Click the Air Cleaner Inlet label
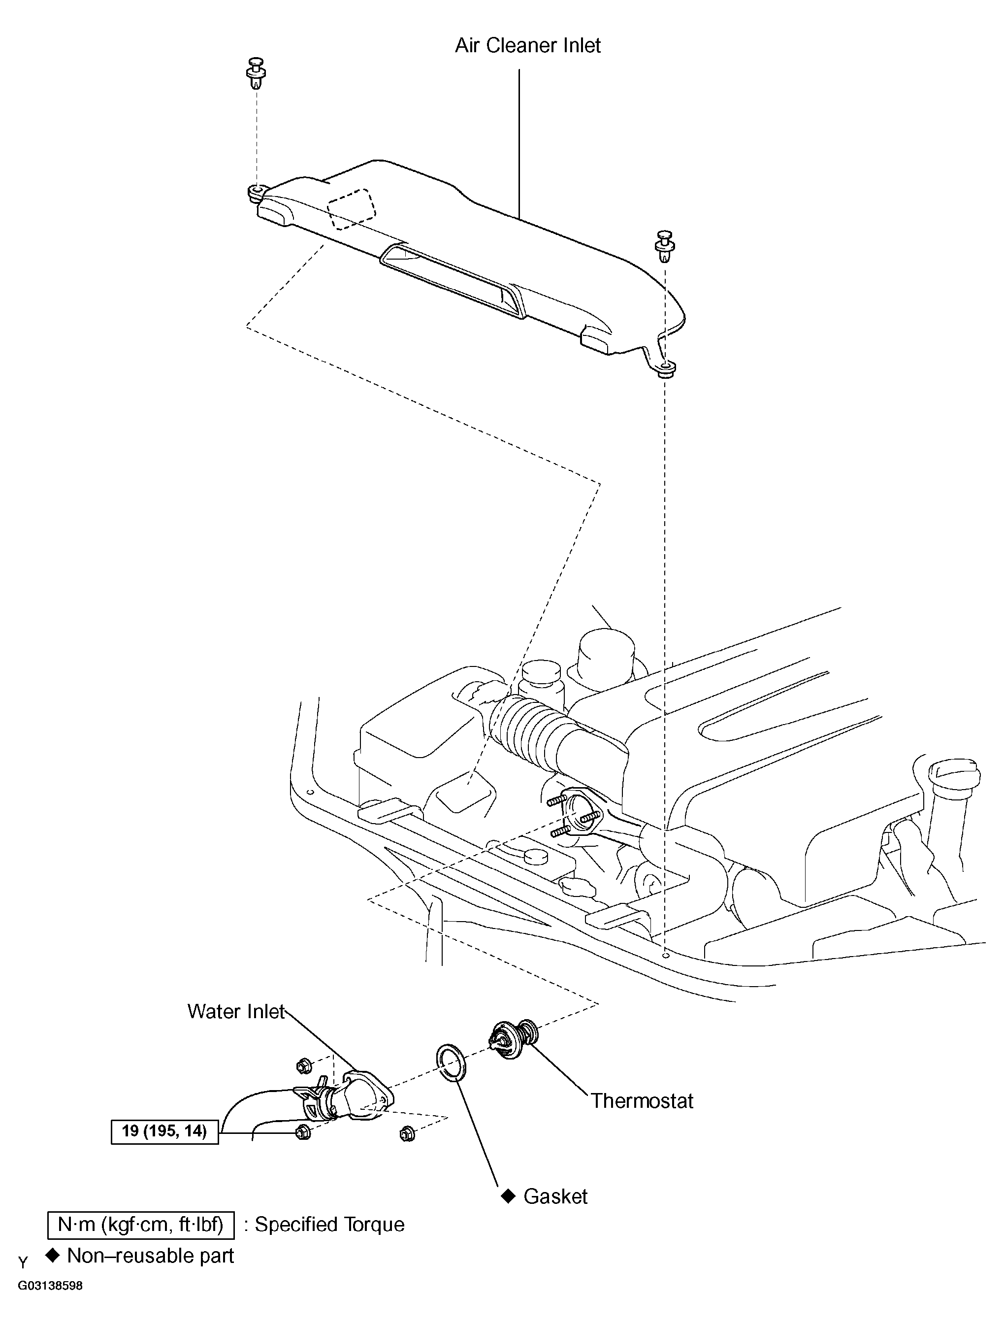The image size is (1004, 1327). point(528,46)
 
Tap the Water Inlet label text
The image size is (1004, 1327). point(236,1011)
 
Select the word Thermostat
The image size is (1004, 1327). point(643,1101)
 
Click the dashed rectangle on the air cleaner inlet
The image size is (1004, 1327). point(352,209)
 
